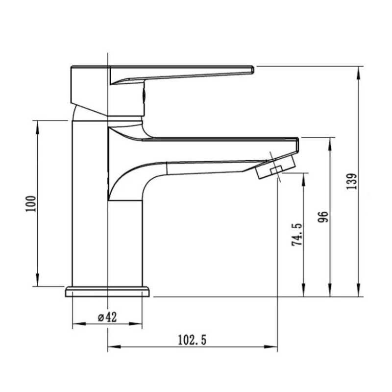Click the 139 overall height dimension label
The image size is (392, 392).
click(x=352, y=181)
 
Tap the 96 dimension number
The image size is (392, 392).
click(x=323, y=217)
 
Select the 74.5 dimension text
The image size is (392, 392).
click(x=297, y=235)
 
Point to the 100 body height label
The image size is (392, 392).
click(x=31, y=204)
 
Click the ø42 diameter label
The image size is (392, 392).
click(x=107, y=318)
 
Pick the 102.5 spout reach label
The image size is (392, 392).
click(x=192, y=340)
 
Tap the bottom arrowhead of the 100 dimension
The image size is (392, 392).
click(x=38, y=280)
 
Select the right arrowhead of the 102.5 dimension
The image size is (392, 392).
click(x=271, y=347)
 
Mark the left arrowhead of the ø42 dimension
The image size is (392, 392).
click(x=79, y=324)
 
